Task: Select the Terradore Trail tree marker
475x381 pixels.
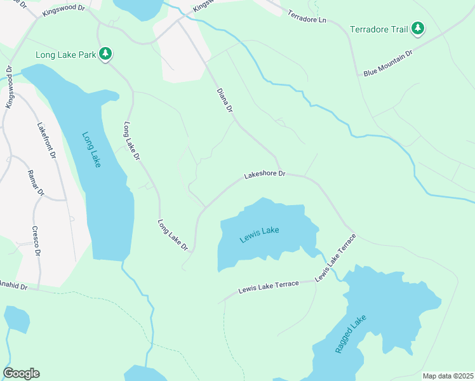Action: [417, 29]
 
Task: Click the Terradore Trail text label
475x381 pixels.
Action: [378, 29]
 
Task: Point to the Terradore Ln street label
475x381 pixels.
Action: [306, 17]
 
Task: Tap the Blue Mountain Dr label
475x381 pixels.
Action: [388, 63]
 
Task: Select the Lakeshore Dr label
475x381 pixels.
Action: [265, 174]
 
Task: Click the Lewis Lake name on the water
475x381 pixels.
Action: [259, 234]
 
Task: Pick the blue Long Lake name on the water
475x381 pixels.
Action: [91, 150]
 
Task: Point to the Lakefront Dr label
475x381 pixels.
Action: [47, 140]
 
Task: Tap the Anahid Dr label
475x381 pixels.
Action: [14, 286]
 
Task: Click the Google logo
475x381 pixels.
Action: [21, 373]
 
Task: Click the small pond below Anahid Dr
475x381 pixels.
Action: [16, 319]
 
